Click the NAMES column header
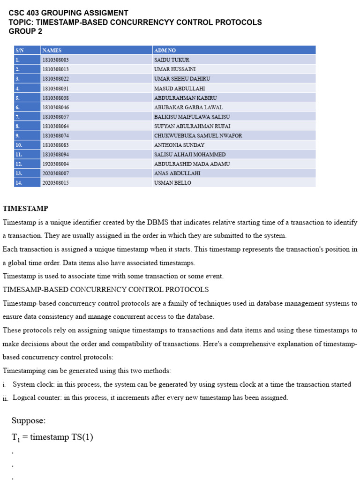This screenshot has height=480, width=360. coord(52,50)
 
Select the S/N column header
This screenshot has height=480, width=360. coord(19,50)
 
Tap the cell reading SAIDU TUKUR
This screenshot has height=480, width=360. coord(172,60)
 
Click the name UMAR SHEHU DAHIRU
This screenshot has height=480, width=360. coord(182,79)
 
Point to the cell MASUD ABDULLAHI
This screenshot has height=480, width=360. coord(179,88)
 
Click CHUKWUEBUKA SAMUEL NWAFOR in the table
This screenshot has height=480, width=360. coord(198,135)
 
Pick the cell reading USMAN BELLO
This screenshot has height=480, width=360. coord(172,183)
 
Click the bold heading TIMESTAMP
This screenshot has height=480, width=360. coord(25,208)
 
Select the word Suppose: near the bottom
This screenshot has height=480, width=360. coord(29,420)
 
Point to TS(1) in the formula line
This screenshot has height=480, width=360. coord(82,437)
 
